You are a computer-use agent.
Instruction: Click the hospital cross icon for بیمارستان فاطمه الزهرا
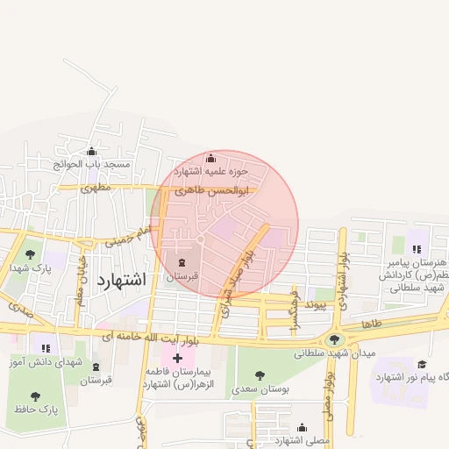pyautogui.click(x=177, y=358)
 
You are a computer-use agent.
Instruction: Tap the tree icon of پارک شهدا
pyautogui.click(x=31, y=254)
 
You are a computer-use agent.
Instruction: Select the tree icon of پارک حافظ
pyautogui.click(x=35, y=396)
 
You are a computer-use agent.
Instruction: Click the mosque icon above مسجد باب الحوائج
pyautogui.click(x=92, y=152)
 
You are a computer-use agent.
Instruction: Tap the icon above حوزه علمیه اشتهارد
pyautogui.click(x=210, y=159)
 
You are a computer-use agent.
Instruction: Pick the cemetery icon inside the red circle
pyautogui.click(x=182, y=262)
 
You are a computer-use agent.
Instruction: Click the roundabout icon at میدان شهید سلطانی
pyautogui.click(x=333, y=339)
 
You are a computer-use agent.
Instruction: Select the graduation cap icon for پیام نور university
pyautogui.click(x=421, y=364)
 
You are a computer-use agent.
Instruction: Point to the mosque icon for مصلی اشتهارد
pyautogui.click(x=302, y=427)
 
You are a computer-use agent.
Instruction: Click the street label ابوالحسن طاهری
pyautogui.click(x=212, y=189)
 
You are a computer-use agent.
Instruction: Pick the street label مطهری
pyautogui.click(x=96, y=187)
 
